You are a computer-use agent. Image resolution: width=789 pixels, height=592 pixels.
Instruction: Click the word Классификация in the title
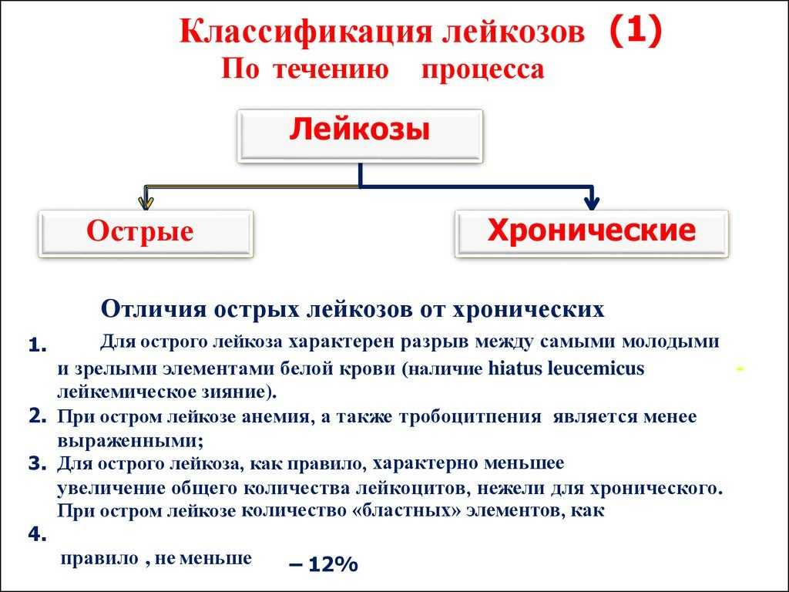click(305, 31)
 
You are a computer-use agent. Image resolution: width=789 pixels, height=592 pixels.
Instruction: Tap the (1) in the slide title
click(636, 29)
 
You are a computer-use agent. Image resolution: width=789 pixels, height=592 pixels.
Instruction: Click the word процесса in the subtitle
click(482, 69)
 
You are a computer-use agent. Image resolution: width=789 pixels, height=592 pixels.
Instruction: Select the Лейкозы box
click(360, 136)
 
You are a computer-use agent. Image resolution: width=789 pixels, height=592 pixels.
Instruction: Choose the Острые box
click(146, 234)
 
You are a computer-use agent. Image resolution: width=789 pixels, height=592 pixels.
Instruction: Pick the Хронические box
click(591, 234)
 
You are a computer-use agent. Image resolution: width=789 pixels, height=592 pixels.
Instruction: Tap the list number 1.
click(38, 346)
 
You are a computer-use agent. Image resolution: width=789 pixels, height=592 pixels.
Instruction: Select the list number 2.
click(38, 415)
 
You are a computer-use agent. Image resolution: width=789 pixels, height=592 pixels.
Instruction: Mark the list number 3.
click(38, 463)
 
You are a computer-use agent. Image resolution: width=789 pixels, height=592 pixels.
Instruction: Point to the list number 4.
click(38, 534)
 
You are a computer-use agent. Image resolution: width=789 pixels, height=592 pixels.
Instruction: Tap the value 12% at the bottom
click(333, 564)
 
